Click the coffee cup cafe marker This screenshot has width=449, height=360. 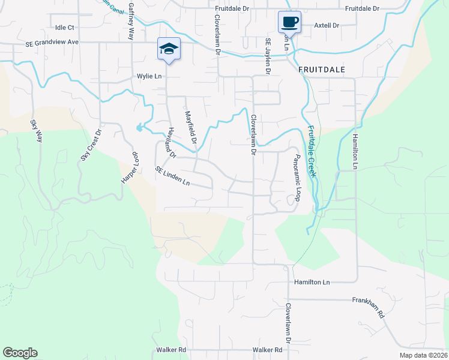289,22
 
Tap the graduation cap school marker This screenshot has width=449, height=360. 169,49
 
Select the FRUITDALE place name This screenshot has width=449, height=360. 322,70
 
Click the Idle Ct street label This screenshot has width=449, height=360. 64,28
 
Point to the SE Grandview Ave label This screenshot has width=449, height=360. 52,43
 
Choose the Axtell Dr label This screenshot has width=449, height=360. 327,26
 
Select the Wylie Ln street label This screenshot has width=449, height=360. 149,77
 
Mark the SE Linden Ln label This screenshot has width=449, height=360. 172,176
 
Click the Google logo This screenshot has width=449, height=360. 20,353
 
